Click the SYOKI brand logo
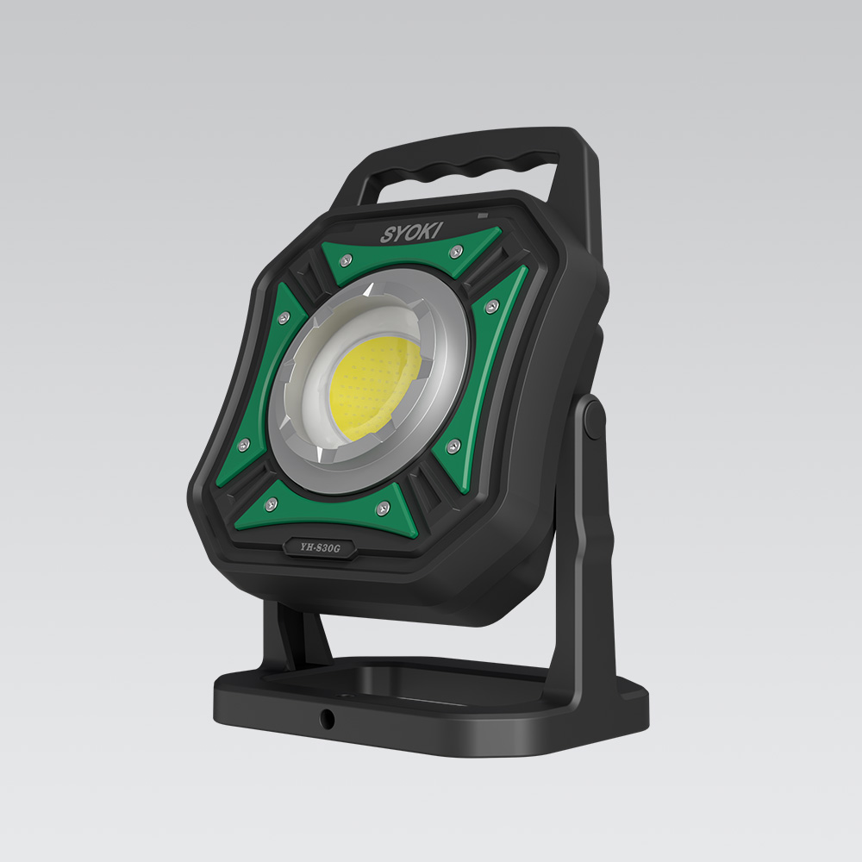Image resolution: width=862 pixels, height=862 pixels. pyautogui.click(x=411, y=233)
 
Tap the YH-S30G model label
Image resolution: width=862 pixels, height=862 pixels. pyautogui.click(x=320, y=547)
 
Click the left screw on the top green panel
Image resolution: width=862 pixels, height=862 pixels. pyautogui.click(x=346, y=260)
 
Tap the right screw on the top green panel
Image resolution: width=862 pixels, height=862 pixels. pyautogui.click(x=456, y=252)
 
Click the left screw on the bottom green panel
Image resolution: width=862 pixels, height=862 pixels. pyautogui.click(x=271, y=503)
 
